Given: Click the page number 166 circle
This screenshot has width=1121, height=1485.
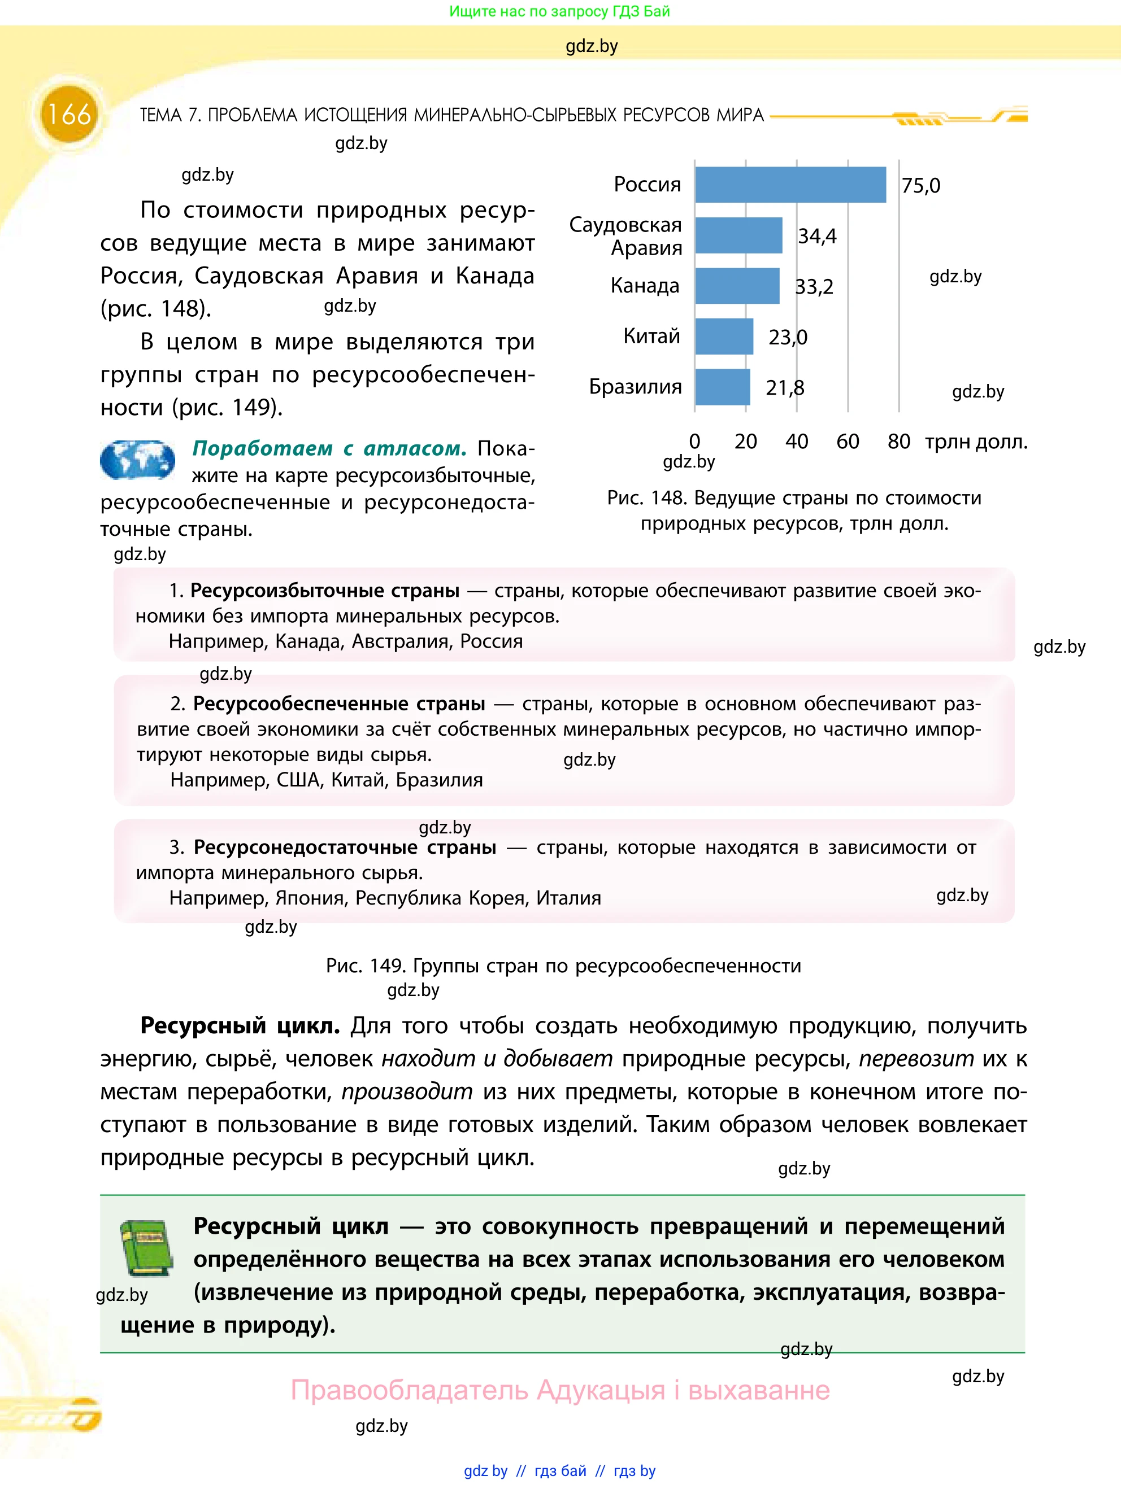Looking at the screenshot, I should pos(68,114).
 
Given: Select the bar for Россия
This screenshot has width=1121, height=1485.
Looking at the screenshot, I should pos(790,185).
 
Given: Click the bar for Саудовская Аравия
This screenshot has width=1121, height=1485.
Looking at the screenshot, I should pos(738,235).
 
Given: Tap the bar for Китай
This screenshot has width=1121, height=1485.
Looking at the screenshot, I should pos(723,337).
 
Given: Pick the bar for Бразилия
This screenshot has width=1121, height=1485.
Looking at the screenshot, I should pos(722,387).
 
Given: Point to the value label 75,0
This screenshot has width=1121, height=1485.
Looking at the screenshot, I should pos(920,185).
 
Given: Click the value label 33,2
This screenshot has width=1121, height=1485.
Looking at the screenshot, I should pos(814,287).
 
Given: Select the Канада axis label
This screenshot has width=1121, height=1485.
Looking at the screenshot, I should pos(644,286).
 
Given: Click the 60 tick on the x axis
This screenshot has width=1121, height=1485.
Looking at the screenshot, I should pos(847,442).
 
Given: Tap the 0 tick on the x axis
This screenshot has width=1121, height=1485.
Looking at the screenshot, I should pos(694,442).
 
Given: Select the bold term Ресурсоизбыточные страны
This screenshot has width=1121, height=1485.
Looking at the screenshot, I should pos(325,591).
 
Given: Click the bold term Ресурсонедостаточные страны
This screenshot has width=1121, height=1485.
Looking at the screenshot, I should pos(345,847).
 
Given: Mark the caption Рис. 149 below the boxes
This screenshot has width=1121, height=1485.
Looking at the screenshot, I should pos(563,966).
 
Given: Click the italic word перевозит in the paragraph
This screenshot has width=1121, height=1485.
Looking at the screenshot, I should pos(915,1059).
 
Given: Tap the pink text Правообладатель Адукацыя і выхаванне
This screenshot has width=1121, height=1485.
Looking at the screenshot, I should pos(559,1390).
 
